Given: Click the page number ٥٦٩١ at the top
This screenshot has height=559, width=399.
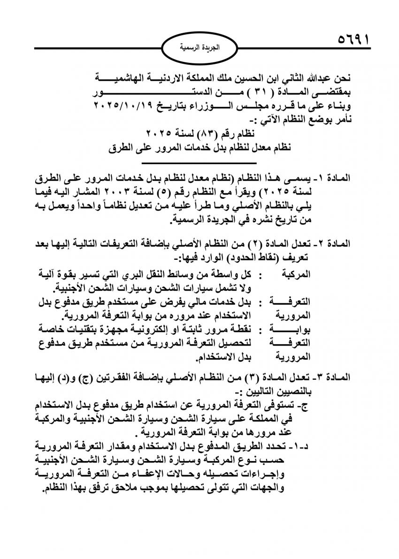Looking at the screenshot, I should (353, 38).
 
